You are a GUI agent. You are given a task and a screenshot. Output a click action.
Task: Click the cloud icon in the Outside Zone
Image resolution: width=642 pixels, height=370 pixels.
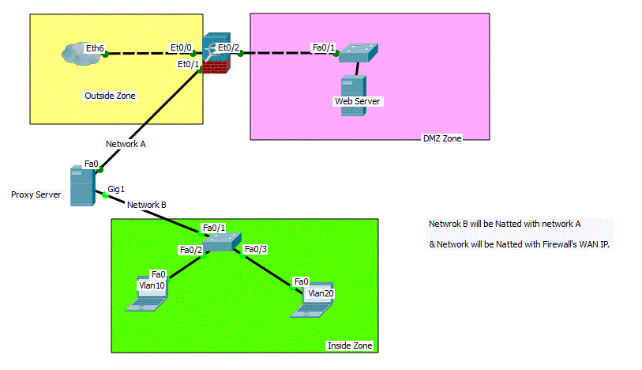click(82, 53)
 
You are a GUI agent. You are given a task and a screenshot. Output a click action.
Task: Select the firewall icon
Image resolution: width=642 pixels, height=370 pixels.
click(216, 53)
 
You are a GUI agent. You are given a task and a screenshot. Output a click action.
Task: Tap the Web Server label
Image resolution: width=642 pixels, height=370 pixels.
click(358, 101)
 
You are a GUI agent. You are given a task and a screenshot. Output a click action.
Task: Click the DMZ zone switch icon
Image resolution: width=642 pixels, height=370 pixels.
click(359, 53)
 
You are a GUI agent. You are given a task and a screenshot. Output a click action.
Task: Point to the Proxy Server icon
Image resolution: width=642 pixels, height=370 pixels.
click(83, 186)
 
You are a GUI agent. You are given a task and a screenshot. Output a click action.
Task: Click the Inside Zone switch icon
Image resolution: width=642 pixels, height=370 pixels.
click(222, 242)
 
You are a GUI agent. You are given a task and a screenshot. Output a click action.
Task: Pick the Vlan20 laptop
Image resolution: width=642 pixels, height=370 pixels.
click(312, 300)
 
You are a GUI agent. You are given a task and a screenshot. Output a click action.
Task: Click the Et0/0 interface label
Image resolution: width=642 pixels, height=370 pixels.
click(181, 48)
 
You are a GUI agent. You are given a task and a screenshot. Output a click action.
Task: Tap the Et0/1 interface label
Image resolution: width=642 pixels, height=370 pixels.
click(189, 64)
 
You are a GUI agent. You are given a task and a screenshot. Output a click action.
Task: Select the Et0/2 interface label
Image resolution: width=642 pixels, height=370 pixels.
click(228, 48)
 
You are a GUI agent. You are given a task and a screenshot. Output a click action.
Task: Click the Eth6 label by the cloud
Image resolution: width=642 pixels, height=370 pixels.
click(95, 48)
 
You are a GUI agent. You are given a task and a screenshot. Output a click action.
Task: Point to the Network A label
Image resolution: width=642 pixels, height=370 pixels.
click(126, 144)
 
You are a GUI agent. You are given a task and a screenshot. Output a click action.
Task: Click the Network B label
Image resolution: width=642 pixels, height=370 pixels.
click(147, 205)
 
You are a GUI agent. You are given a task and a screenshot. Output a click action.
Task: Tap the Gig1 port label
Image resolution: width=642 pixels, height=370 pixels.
click(116, 189)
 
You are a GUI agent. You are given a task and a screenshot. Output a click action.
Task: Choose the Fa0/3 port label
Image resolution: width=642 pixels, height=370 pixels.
click(256, 249)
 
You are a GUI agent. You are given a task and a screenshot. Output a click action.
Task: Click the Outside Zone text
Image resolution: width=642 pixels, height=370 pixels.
click(110, 96)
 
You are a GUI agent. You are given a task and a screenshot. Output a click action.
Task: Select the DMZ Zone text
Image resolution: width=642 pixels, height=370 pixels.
click(442, 138)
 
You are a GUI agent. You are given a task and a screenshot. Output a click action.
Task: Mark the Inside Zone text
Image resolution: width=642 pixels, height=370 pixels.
click(350, 345)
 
